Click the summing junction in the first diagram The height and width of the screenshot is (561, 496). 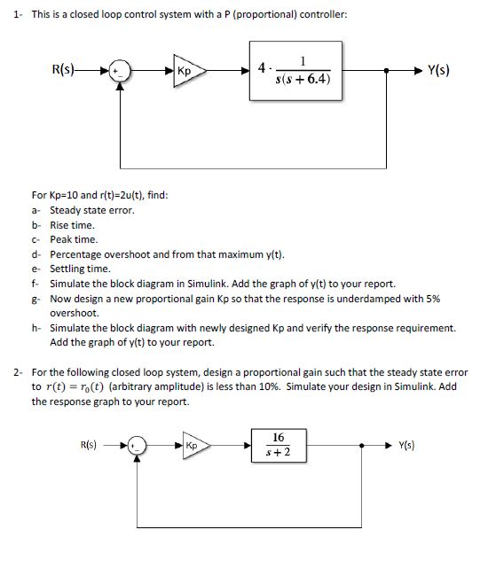[x=120, y=71]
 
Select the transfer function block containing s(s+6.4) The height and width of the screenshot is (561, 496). [x=295, y=71]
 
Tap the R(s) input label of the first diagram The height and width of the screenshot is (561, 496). [x=63, y=69]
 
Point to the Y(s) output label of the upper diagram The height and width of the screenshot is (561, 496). [x=438, y=70]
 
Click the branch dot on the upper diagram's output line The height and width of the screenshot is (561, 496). [x=386, y=71]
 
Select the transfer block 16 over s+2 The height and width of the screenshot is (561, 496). [x=279, y=446]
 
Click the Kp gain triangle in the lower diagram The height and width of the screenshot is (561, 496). [x=196, y=446]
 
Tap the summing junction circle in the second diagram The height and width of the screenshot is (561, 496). [x=138, y=446]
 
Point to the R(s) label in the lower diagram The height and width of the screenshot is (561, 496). [x=89, y=445]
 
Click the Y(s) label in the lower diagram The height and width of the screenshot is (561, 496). [x=406, y=445]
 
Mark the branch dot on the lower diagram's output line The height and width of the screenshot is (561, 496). [x=361, y=446]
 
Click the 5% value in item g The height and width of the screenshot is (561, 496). [x=433, y=299]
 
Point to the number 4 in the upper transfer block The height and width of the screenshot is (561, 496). [x=262, y=67]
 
